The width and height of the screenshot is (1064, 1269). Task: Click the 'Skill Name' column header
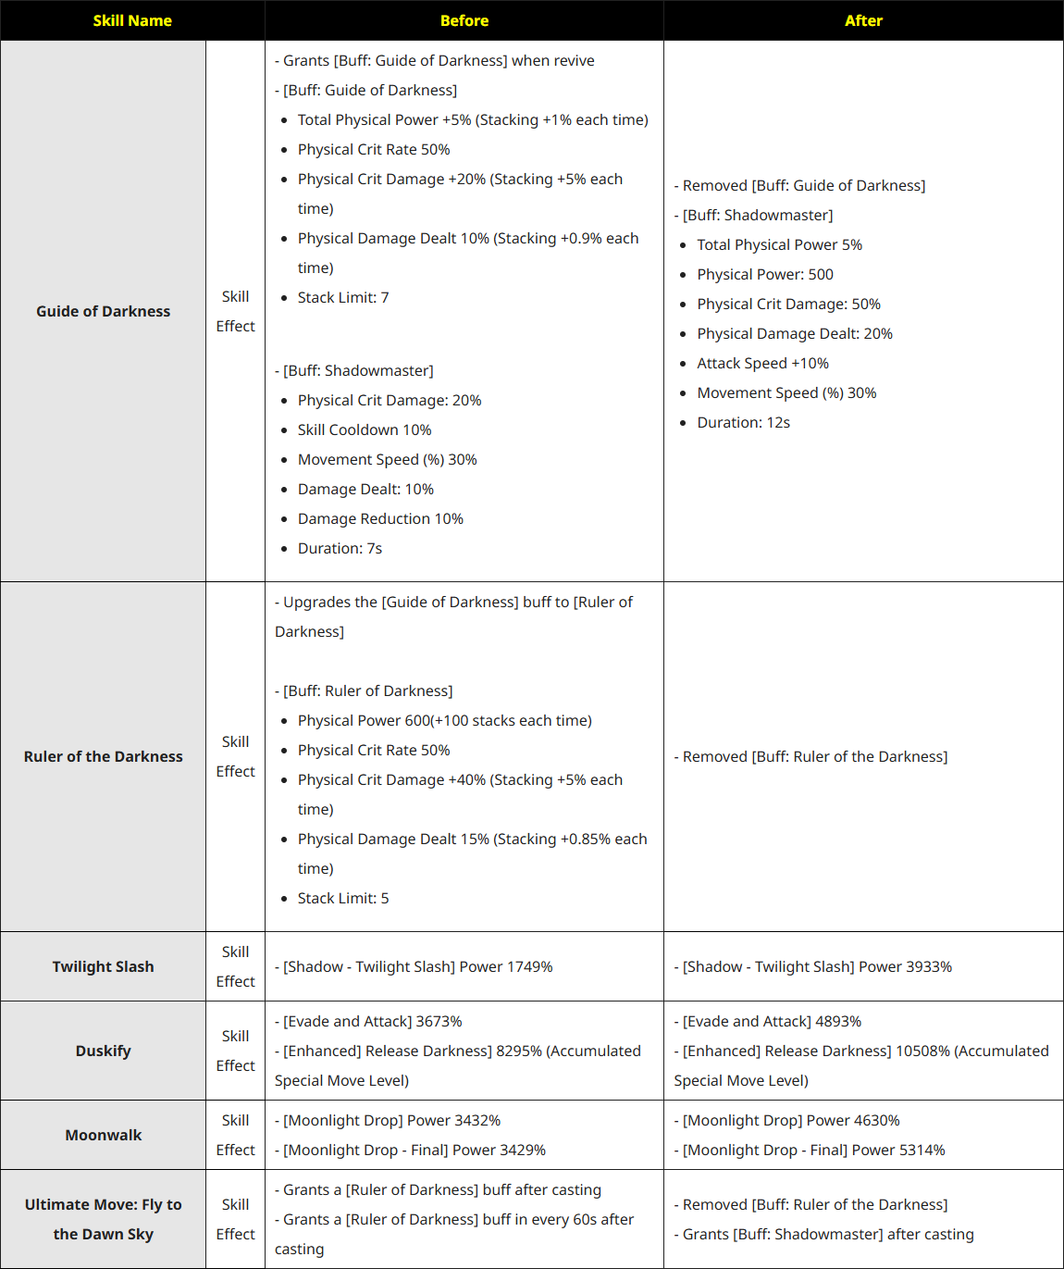[x=132, y=20]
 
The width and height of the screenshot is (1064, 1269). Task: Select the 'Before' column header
[x=464, y=20]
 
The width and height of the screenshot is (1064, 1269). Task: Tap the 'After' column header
[x=863, y=20]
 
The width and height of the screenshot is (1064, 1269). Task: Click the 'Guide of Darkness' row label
[x=103, y=311]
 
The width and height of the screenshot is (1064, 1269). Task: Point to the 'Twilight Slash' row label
[x=103, y=966]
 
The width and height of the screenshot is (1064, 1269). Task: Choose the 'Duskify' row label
[x=103, y=1051]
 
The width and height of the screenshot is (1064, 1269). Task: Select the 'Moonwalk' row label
[x=103, y=1135]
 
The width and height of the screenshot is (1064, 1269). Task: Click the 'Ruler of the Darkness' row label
[x=103, y=756]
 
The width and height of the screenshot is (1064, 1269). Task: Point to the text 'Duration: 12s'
[x=743, y=422]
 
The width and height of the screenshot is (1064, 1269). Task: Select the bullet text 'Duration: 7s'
[x=340, y=548]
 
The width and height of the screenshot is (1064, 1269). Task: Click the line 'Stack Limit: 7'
[x=343, y=297]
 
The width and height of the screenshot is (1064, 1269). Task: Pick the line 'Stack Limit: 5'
[x=343, y=898]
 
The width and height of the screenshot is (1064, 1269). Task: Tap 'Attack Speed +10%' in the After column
[x=762, y=363]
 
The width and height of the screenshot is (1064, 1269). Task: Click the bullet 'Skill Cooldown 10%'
[x=365, y=429]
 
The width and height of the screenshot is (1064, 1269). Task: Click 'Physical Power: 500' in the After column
[x=765, y=274]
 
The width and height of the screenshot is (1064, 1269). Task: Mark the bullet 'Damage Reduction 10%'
[x=380, y=518]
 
